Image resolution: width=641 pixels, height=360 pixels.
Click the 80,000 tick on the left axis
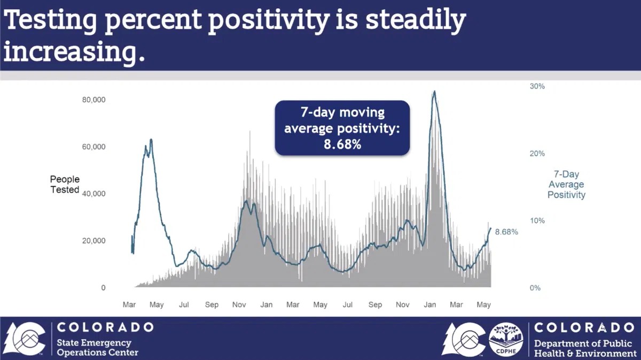pyautogui.click(x=93, y=100)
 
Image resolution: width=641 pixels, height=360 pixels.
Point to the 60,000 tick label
pyautogui.click(x=93, y=147)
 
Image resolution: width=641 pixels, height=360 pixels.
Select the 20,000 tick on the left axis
pyautogui.click(x=93, y=241)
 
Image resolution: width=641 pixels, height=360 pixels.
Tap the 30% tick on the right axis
pyautogui.click(x=537, y=86)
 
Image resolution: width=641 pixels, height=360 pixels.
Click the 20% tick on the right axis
pyautogui.click(x=537, y=153)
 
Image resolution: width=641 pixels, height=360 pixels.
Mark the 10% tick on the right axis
pyautogui.click(x=537, y=221)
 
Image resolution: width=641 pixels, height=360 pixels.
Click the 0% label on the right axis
pyautogui.click(x=535, y=288)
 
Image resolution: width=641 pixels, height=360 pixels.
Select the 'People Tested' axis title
pyautogui.click(x=65, y=184)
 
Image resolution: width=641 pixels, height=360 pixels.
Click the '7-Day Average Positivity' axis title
pyautogui.click(x=566, y=185)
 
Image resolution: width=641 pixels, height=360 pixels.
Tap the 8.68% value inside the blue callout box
pyautogui.click(x=342, y=144)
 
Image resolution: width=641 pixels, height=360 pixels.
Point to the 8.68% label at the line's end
pyautogui.click(x=506, y=232)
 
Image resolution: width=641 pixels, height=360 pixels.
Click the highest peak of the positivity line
pyautogui.click(x=434, y=91)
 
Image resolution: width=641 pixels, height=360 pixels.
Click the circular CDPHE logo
pyautogui.click(x=506, y=339)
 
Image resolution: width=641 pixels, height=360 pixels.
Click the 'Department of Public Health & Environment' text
pyautogui.click(x=585, y=348)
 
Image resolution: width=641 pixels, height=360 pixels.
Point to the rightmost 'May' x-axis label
pyautogui.click(x=483, y=304)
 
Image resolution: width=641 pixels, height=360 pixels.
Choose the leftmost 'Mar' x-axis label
pyautogui.click(x=129, y=304)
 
